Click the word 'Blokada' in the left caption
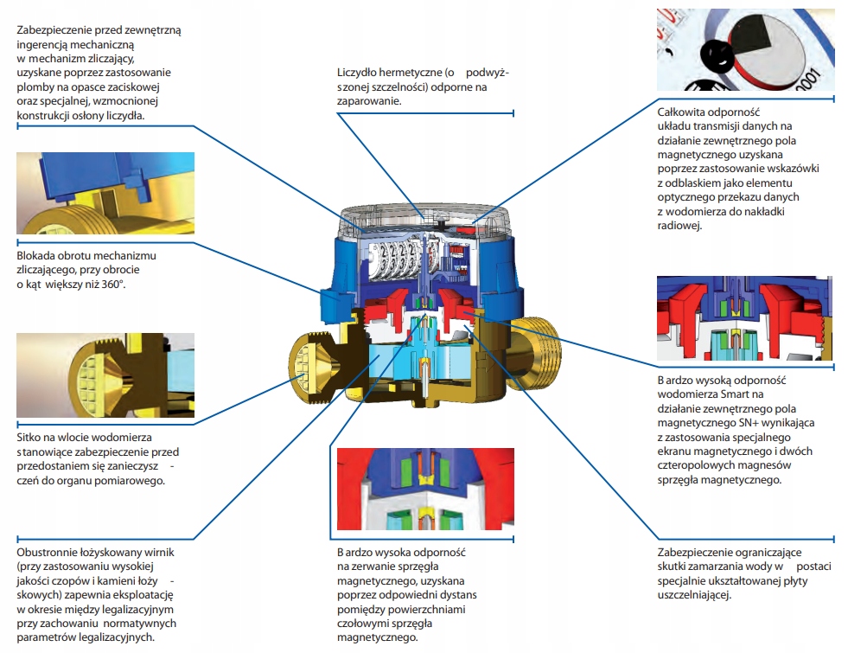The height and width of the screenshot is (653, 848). (37, 256)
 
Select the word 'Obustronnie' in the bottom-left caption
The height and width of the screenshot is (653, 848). (48, 552)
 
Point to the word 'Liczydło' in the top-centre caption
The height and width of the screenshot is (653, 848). (358, 74)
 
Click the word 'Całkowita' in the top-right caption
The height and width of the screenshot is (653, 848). (685, 112)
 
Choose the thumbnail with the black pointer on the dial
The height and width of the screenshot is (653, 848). (745, 49)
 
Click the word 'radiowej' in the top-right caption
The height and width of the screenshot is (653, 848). (680, 226)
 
